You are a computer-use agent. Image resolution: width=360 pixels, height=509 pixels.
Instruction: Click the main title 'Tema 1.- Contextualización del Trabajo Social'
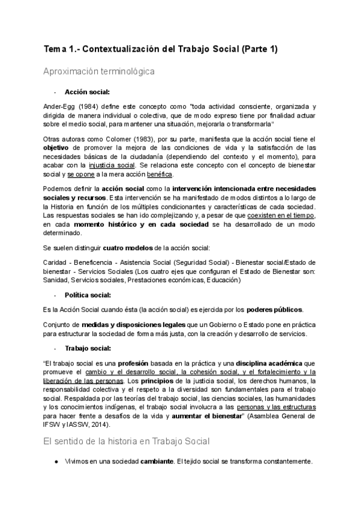coord(161,50)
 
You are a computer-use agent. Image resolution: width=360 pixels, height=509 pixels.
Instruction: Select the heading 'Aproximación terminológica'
coord(99,71)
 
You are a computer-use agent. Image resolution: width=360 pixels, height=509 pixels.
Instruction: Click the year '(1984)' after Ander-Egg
coord(83,106)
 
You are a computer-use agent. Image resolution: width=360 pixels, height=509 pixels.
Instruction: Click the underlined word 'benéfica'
coord(159,174)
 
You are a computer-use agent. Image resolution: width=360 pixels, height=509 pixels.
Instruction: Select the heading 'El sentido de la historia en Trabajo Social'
coord(127,442)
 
